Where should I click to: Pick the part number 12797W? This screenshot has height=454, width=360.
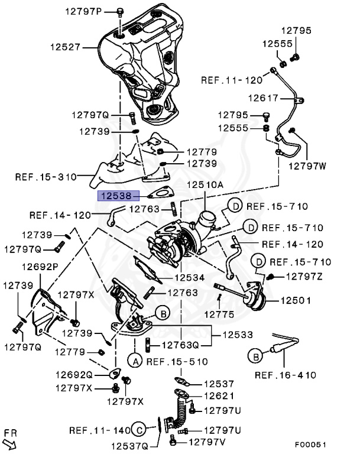pyautogui.click(x=307, y=166)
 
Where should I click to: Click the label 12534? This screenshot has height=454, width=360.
pyautogui.click(x=189, y=277)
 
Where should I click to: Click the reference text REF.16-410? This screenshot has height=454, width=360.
pyautogui.click(x=286, y=375)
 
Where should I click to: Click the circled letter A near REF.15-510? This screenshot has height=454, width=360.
pyautogui.click(x=135, y=360)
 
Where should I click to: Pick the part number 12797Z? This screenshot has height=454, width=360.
pyautogui.click(x=304, y=276)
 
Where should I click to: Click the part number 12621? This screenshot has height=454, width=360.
pyautogui.click(x=219, y=396)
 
